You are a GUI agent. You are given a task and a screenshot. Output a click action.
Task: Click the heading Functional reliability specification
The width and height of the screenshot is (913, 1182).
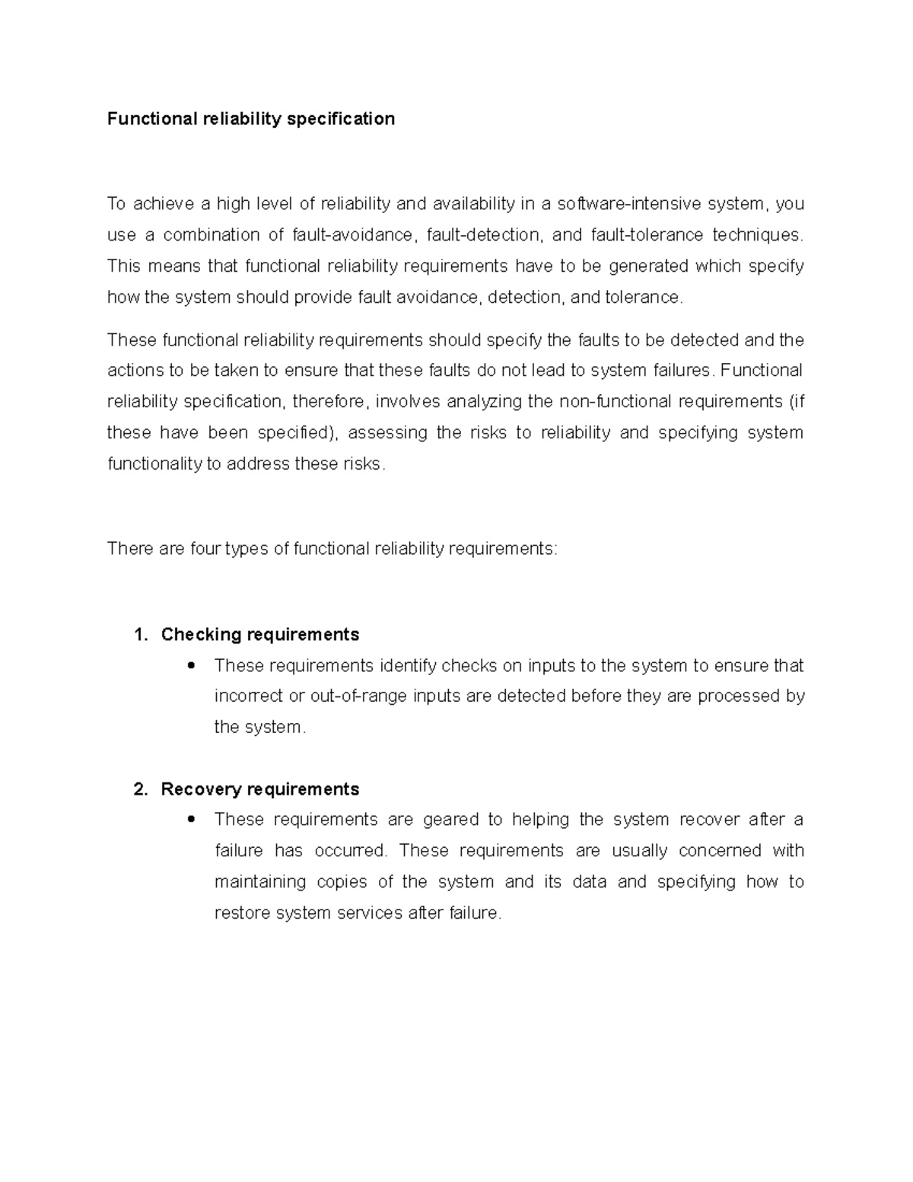(x=250, y=119)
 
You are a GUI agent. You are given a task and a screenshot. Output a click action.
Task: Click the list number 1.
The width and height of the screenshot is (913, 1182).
(x=139, y=635)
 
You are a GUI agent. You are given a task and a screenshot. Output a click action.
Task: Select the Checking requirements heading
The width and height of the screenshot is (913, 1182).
(x=259, y=635)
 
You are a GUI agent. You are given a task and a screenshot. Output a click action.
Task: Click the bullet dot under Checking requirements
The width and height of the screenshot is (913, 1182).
(x=191, y=665)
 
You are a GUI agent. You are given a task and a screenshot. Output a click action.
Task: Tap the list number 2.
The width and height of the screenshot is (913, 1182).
(x=139, y=789)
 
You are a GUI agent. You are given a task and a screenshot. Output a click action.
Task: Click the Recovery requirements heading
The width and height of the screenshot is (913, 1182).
(x=259, y=789)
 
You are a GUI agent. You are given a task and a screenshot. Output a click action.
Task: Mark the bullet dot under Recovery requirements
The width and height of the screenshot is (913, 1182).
(x=191, y=820)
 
